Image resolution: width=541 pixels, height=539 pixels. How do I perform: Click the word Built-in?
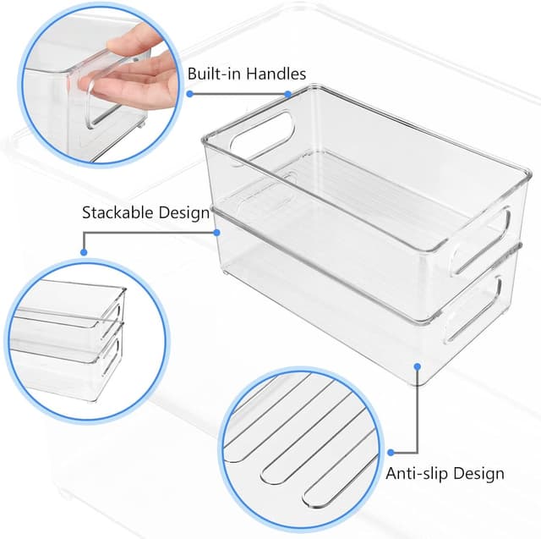pos(214,74)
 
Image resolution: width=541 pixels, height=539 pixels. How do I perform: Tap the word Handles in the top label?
pos(275,74)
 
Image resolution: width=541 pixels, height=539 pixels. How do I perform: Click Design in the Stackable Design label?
pos(184,212)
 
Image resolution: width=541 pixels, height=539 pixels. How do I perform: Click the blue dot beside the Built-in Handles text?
pos(190,94)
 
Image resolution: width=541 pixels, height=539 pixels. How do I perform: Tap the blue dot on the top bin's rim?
pos(288,94)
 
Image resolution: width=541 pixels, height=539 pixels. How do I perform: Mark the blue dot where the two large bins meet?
pos(216,230)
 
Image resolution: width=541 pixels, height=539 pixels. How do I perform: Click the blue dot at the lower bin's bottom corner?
pos(416,366)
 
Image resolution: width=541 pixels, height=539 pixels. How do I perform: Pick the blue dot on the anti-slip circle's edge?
pos(391,451)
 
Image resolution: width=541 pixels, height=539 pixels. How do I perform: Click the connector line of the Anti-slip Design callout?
pos(416,415)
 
